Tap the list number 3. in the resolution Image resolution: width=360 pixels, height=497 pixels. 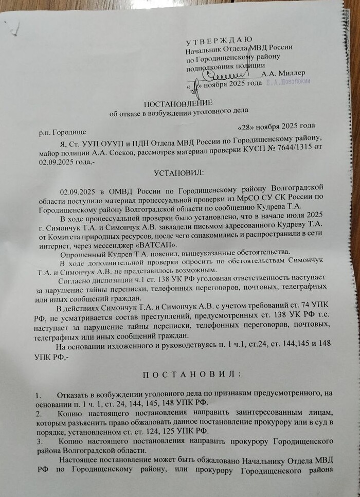pos(39,441)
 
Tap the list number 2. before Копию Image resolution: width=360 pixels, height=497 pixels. pos(39,413)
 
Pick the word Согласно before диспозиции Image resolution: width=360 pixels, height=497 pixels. pos(76,281)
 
